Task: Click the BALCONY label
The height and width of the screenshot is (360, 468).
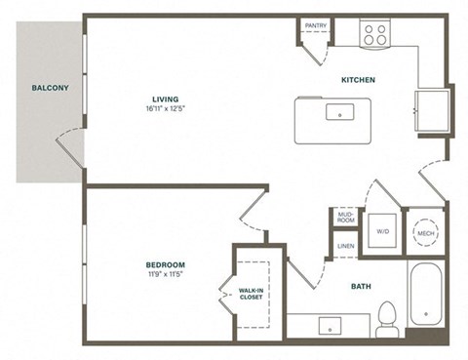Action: (49, 88)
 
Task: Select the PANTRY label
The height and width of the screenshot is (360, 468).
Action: (315, 25)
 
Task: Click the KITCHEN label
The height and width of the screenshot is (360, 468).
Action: (358, 79)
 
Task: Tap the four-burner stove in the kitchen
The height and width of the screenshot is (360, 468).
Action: (375, 35)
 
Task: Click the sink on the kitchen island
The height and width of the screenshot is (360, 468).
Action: (340, 111)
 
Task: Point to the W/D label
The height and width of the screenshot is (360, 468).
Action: (381, 231)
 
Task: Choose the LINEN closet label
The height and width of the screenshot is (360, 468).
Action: (345, 247)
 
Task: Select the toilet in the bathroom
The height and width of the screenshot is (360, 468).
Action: (387, 315)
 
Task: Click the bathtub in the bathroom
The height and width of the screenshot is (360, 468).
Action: (427, 297)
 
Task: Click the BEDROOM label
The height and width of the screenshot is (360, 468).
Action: (166, 264)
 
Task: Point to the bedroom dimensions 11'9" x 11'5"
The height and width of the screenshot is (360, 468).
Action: (166, 274)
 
